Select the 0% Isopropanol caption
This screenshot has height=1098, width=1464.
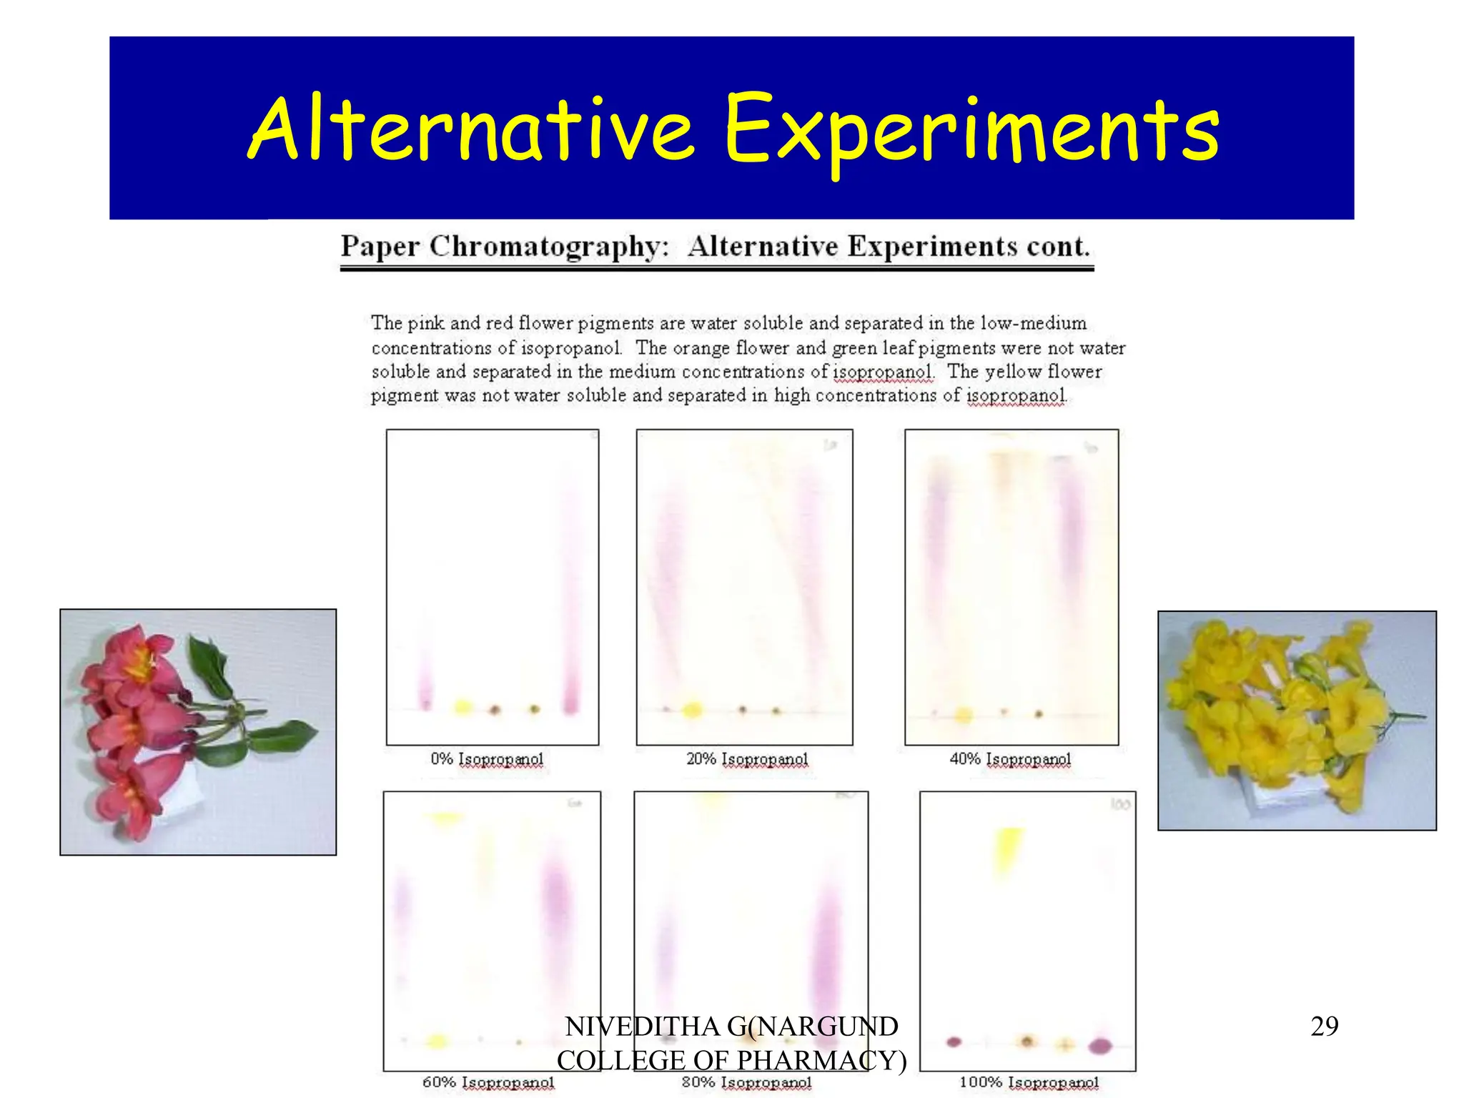tap(487, 759)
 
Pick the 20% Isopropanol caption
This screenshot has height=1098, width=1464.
tap(747, 759)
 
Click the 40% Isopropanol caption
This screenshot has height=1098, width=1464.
tap(1010, 759)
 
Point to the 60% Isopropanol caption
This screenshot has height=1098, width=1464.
tap(488, 1082)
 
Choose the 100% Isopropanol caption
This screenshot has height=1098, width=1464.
tap(1029, 1082)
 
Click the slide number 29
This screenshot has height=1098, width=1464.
tap(1324, 1027)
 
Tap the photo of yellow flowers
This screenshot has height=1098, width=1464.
tap(1297, 720)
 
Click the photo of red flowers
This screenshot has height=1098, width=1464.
tap(198, 731)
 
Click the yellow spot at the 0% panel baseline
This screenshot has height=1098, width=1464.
tap(463, 708)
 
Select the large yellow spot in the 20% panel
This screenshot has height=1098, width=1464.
tap(692, 710)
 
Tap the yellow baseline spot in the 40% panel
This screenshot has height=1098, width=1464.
tap(964, 714)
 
